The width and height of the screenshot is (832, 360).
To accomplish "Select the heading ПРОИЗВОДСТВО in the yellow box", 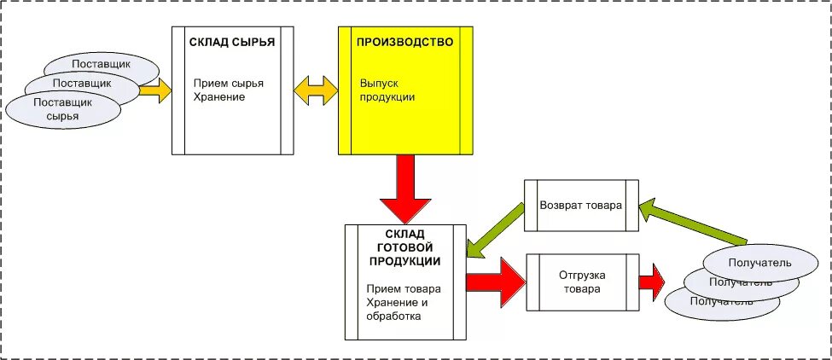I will (404, 42).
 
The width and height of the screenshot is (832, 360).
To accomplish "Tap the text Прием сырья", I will (228, 84).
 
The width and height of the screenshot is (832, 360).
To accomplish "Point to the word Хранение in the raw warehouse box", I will (219, 97).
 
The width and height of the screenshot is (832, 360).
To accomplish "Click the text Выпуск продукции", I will (387, 90).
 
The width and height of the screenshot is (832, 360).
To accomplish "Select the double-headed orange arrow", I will (316, 90).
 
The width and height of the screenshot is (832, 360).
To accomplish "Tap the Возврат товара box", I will (581, 206).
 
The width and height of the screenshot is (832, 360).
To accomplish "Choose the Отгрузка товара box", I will (581, 282).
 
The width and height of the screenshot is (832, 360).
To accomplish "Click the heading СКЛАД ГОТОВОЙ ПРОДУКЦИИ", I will (405, 247).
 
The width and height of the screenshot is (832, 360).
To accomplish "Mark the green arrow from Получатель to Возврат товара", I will (695, 224).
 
